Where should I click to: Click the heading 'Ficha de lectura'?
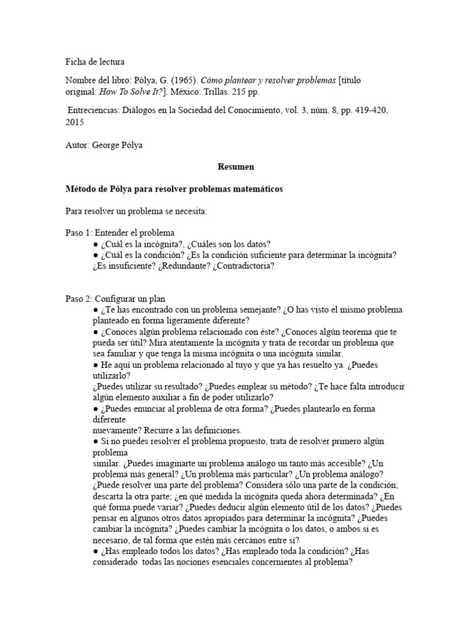click(94, 61)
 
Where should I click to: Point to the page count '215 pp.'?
click(250, 92)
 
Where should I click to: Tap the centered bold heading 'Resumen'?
click(236, 166)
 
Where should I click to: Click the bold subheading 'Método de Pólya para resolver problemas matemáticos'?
click(174, 189)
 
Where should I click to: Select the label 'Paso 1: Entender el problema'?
click(120, 233)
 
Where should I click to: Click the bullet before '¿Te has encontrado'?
click(96, 310)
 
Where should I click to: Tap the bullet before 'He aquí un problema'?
click(96, 364)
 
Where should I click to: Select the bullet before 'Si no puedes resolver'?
click(96, 441)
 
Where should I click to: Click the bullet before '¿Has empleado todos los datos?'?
click(96, 551)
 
